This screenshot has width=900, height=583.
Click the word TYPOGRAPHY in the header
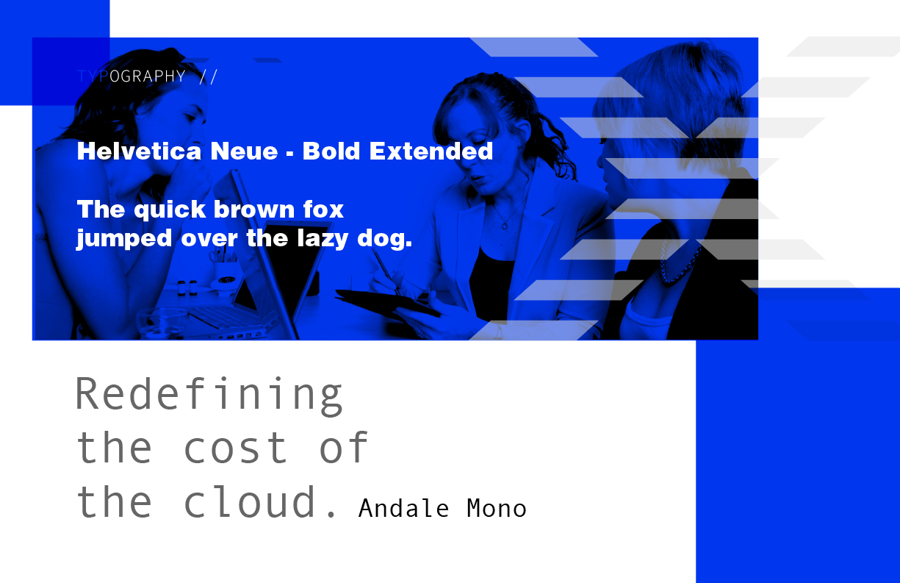tap(131, 76)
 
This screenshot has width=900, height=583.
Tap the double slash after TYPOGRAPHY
tap(208, 76)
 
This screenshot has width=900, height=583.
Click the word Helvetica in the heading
tap(139, 151)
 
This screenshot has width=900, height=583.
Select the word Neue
tap(244, 151)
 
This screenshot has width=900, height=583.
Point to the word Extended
tap(431, 151)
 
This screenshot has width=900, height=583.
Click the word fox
tap(323, 210)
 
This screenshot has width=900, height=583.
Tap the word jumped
tap(124, 239)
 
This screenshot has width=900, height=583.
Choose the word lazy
tap(323, 239)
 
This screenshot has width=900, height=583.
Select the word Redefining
tap(209, 395)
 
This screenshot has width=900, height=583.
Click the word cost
tap(236, 447)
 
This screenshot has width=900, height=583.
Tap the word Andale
tap(403, 508)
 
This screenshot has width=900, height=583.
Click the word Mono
tap(497, 508)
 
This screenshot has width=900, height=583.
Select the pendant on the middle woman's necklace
tap(504, 226)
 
